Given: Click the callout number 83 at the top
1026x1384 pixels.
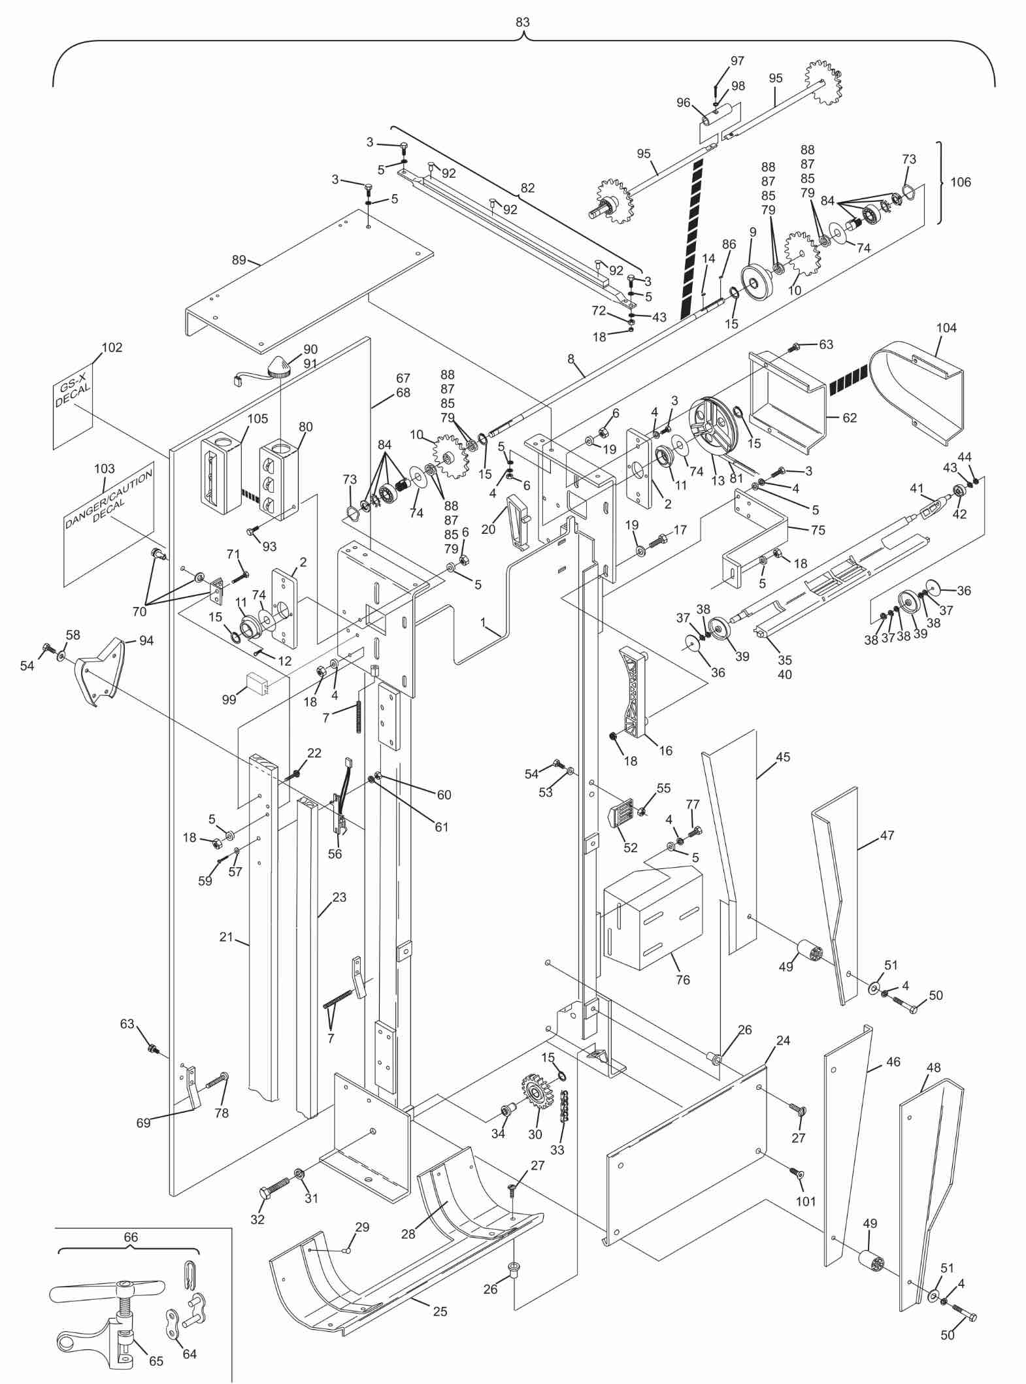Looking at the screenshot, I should (522, 22).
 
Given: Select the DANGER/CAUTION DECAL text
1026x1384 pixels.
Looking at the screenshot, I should (108, 503).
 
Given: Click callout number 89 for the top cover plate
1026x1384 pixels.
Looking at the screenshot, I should (239, 260).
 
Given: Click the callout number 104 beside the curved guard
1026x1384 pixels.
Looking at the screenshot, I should (946, 327).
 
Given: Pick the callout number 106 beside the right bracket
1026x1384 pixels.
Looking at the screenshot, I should (960, 182).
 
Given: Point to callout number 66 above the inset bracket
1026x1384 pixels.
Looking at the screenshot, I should (130, 1237).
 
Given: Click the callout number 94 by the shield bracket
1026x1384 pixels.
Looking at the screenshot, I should (146, 640).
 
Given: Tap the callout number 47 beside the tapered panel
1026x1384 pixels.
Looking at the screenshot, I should (887, 835).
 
